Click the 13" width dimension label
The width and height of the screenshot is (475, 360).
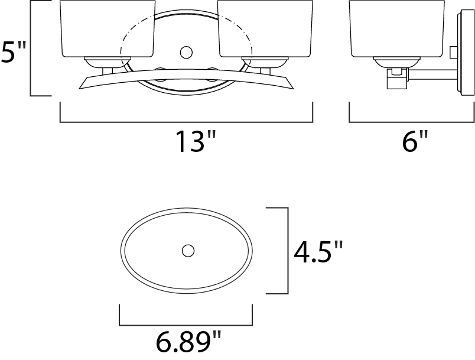click(x=196, y=141)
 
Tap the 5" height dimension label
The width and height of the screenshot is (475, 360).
click(x=14, y=52)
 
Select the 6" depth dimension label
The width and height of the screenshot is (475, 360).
click(x=415, y=141)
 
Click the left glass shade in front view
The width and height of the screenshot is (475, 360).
click(x=108, y=29)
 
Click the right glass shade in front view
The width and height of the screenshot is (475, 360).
click(x=265, y=29)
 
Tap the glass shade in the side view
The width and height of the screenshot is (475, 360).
click(x=397, y=29)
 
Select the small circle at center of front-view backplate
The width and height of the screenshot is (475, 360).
click(x=186, y=53)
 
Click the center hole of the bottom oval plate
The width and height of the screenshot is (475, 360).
click(x=188, y=251)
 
